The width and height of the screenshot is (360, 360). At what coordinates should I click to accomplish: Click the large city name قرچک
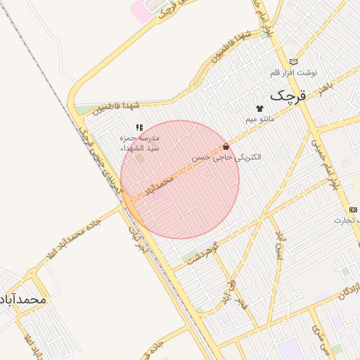click(288, 95)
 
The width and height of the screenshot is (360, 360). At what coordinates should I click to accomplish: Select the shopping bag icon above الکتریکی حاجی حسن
click(226, 146)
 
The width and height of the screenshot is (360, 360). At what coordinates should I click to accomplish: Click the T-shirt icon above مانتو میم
click(259, 109)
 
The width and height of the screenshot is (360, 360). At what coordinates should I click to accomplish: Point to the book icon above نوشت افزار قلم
click(293, 62)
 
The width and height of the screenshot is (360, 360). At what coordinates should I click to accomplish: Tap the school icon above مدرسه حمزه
click(139, 127)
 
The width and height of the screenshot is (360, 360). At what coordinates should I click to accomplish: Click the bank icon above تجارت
click(353, 210)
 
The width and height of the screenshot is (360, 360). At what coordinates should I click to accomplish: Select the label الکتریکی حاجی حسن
click(226, 158)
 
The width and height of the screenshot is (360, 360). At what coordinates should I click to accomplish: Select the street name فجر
click(242, 304)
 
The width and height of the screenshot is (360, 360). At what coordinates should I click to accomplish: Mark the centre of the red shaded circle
click(180, 179)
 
